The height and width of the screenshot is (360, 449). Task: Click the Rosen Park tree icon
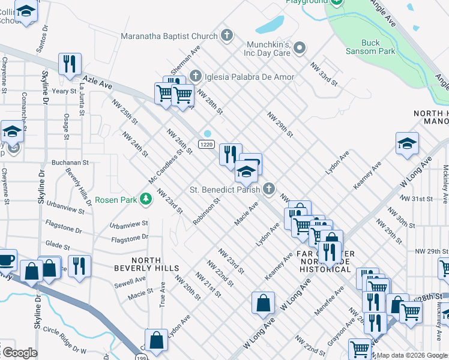pos(145,199)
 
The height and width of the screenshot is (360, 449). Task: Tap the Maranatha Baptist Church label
pos(169,36)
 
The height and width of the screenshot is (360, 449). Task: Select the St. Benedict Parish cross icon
pos(269,189)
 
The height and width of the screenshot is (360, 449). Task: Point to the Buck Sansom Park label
pos(379,47)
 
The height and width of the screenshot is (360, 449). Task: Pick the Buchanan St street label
pos(70,163)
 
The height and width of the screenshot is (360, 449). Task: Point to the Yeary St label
pos(61,91)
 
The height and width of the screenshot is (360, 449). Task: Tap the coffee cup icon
pos(6,260)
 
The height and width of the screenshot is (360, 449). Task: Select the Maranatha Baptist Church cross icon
pos(227,36)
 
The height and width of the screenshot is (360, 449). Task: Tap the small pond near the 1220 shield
pos(208,133)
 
